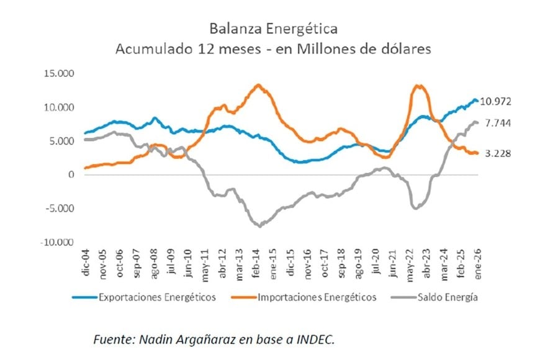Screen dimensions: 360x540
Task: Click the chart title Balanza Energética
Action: (x=274, y=29)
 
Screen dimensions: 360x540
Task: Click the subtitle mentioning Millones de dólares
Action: (x=274, y=49)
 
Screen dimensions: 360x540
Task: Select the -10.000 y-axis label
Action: (x=57, y=242)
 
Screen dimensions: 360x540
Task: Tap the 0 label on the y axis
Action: (x=71, y=174)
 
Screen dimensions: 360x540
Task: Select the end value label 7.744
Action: (x=498, y=124)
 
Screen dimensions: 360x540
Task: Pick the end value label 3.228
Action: (x=498, y=153)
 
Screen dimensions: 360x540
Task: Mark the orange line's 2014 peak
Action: (x=258, y=85)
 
